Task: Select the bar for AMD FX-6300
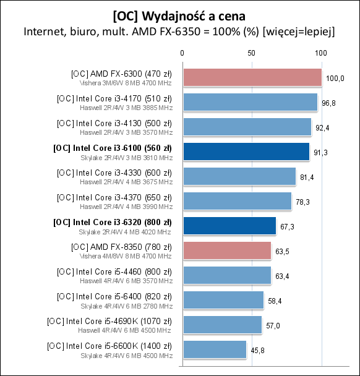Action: point(252,77)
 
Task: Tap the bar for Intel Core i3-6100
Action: point(246,152)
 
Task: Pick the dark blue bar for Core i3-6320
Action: point(229,226)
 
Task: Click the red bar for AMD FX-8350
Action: point(226,250)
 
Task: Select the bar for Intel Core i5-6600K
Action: point(214,349)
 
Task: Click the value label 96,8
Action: point(328,103)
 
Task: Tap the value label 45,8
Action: point(257,350)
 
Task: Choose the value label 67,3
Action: point(287,226)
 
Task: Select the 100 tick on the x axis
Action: point(320,54)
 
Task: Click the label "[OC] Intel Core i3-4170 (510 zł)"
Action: point(114,98)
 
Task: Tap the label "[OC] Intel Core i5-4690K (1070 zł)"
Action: point(109,321)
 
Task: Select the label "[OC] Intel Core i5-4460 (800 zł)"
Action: point(114,271)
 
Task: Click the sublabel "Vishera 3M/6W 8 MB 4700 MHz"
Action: point(126,82)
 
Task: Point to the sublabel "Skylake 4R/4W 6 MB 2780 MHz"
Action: point(127,305)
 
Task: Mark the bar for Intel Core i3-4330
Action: point(239,176)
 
